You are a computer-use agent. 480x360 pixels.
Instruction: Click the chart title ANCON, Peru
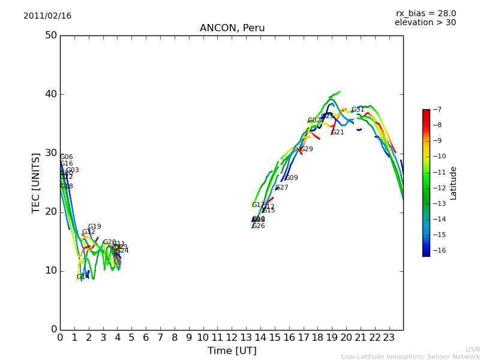[x=232, y=28]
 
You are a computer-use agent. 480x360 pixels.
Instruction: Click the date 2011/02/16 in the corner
[x=47, y=16]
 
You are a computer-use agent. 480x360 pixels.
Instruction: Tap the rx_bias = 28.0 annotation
[x=425, y=13]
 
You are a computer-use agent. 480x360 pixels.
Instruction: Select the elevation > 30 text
[x=425, y=23]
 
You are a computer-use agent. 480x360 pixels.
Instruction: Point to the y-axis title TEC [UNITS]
[x=37, y=182]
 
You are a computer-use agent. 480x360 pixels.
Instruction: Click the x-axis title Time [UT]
[x=232, y=350]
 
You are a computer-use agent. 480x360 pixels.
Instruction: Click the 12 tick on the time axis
[x=232, y=338]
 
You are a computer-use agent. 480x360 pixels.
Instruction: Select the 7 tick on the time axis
[x=160, y=338]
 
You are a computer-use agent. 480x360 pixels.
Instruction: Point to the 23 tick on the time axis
[x=389, y=338]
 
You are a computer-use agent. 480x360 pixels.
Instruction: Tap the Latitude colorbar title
[x=454, y=182]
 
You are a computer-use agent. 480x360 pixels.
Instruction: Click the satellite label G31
[x=358, y=110]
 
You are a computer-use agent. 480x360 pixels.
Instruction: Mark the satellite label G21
[x=338, y=133]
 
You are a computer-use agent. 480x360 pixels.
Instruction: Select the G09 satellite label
[x=292, y=178]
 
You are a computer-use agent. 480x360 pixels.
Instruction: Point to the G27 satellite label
[x=282, y=188]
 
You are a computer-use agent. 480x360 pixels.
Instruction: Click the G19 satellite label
[x=95, y=227]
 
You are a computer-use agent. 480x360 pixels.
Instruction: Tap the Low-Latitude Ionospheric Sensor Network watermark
[x=410, y=356]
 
